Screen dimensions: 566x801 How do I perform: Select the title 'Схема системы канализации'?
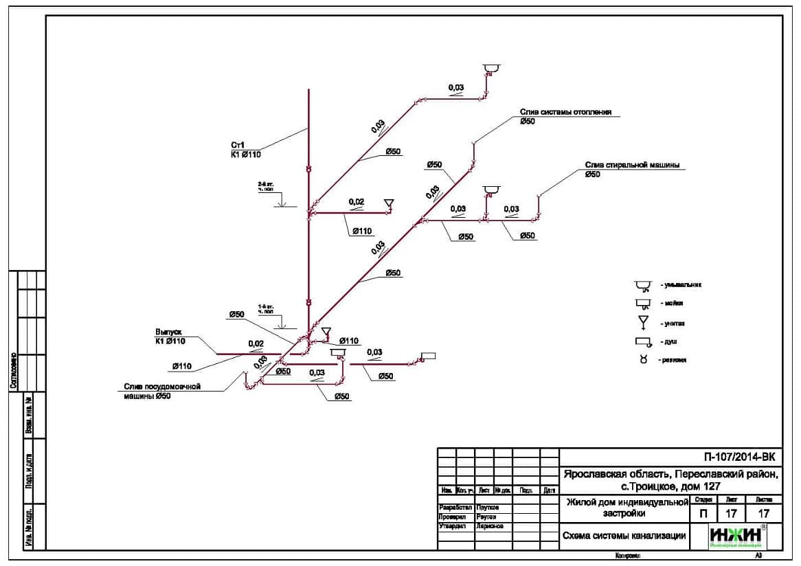pyautogui.click(x=623, y=536)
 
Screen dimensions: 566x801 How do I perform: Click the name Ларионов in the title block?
pyautogui.click(x=489, y=526)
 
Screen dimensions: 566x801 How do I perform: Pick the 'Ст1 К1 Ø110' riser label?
pyautogui.click(x=246, y=150)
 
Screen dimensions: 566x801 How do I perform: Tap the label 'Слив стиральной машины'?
pyautogui.click(x=632, y=165)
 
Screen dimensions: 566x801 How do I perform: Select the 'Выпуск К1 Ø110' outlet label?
pyautogui.click(x=170, y=337)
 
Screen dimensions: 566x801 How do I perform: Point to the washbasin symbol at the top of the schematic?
pyautogui.click(x=490, y=68)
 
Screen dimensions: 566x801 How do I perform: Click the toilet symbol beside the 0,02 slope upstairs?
pyautogui.click(x=388, y=203)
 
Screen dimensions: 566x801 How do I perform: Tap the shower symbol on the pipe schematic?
pyautogui.click(x=428, y=356)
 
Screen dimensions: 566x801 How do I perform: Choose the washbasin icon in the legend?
pyautogui.click(x=643, y=285)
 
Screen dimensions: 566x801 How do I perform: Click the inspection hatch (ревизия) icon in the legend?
pyautogui.click(x=644, y=359)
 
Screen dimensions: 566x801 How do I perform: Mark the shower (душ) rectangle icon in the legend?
pyautogui.click(x=643, y=341)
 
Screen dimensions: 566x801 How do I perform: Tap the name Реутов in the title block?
pyautogui.click(x=485, y=517)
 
